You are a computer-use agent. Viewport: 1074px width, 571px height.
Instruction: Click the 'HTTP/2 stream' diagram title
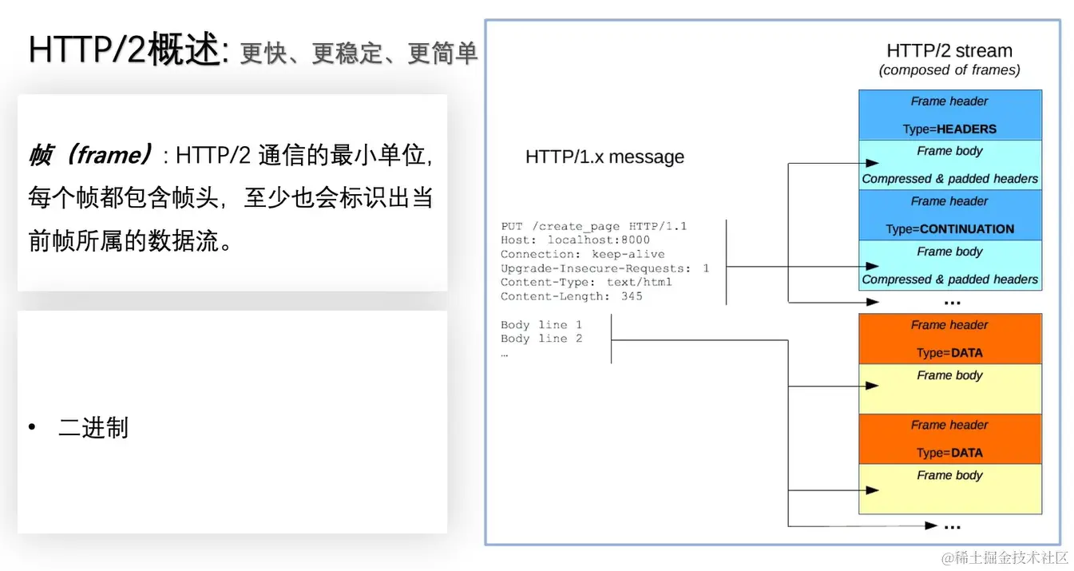[x=949, y=50]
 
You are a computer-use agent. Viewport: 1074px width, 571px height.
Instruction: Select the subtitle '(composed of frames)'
[x=949, y=70]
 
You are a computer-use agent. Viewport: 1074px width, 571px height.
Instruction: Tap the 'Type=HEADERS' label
[x=949, y=129]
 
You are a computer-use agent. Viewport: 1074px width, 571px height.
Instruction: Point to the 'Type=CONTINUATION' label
[x=949, y=228]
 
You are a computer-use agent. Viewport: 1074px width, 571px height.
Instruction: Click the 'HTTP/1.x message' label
[x=604, y=157]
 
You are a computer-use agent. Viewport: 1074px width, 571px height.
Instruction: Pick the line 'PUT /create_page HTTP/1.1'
[x=593, y=227]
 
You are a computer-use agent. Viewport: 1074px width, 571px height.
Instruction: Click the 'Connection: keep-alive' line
[x=582, y=254]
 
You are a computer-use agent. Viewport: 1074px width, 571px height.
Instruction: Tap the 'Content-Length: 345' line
[x=571, y=296]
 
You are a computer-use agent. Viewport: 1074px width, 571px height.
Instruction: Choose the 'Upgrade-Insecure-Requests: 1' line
[x=604, y=268]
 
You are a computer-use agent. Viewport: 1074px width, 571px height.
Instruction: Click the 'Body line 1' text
[x=541, y=325]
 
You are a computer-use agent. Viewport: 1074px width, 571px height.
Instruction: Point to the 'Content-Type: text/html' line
[x=586, y=282]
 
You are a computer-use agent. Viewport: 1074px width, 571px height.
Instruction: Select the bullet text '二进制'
[x=93, y=428]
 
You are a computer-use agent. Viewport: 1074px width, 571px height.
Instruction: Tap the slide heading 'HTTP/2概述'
[x=124, y=50]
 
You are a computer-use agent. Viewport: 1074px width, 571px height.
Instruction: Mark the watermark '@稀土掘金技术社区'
[x=1004, y=557]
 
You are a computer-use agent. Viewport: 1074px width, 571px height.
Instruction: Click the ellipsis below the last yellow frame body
[x=951, y=525]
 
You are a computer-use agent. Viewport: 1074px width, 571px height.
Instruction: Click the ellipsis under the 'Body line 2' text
[x=505, y=353]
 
